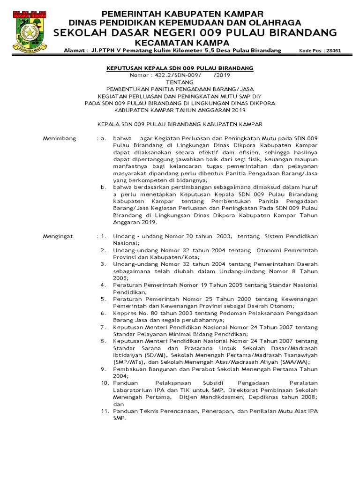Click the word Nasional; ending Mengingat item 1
[126, 243]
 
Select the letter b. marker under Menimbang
[104, 187]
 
